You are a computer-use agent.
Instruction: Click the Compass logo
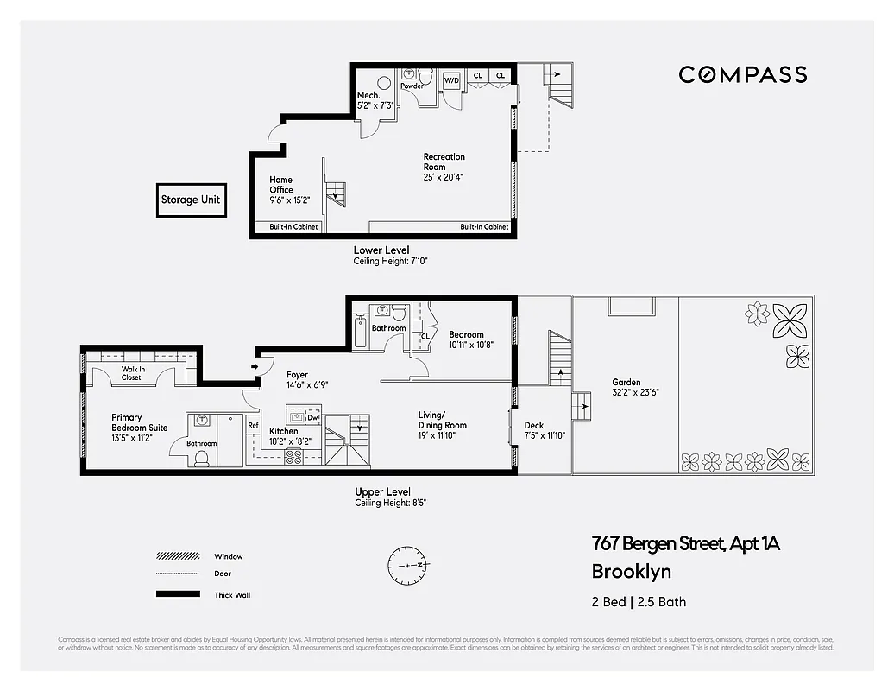742,74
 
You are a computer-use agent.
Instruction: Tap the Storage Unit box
190,200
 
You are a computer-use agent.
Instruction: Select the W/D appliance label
451,81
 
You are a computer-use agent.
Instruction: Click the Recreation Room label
444,162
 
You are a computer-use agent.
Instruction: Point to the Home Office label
281,185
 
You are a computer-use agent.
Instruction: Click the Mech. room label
369,95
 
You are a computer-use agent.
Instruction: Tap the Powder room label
412,86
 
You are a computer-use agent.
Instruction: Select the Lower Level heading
381,250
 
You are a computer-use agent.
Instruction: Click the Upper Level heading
382,492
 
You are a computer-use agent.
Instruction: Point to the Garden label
626,382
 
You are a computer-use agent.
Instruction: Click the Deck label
533,425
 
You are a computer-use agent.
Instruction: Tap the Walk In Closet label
132,373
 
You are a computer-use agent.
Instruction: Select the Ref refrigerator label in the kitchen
253,425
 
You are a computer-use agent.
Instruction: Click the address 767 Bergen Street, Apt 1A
685,544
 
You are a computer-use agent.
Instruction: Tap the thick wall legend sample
177,594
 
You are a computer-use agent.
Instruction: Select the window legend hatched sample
177,556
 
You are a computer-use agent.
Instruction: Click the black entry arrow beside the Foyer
254,367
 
